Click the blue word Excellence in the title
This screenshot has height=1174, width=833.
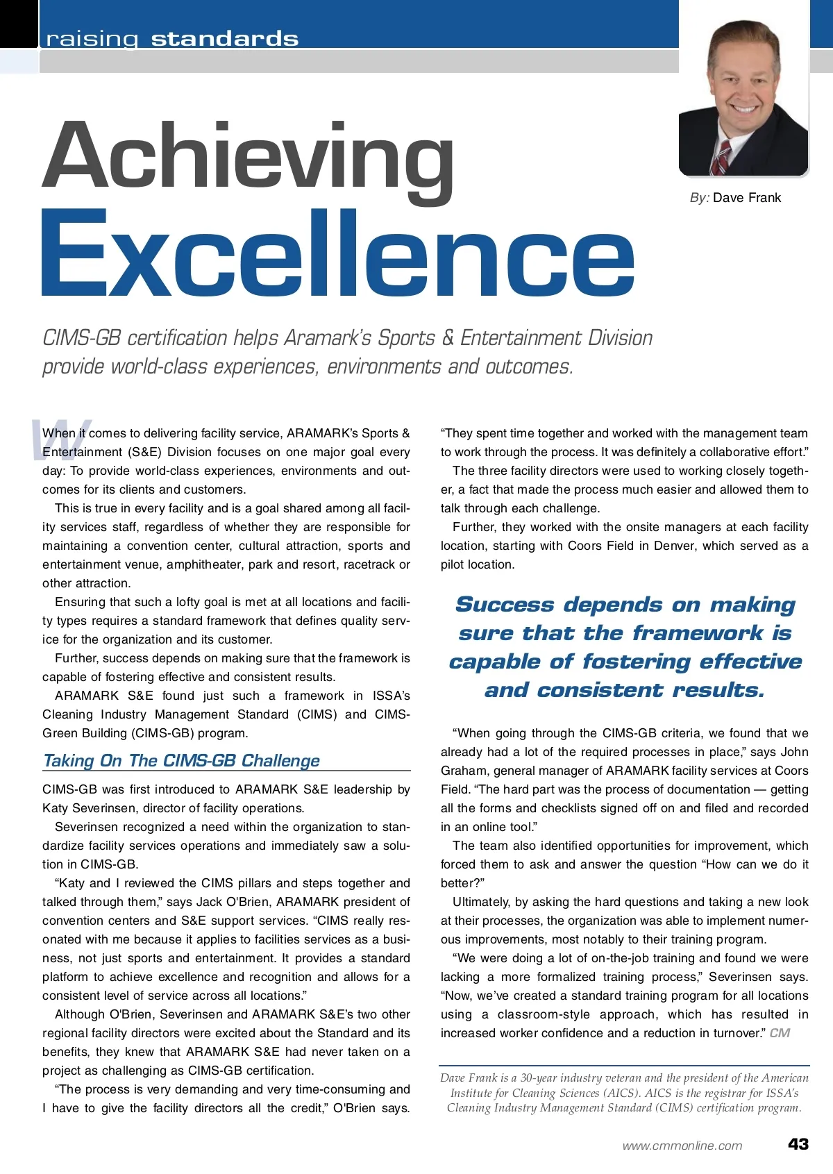click(338, 255)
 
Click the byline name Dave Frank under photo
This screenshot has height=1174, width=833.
click(746, 198)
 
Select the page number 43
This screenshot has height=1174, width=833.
click(798, 1144)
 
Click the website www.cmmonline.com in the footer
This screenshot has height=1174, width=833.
click(682, 1146)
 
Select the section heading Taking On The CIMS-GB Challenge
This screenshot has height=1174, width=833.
click(181, 761)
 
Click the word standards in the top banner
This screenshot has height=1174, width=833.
click(225, 39)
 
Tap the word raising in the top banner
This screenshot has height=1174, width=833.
click(92, 39)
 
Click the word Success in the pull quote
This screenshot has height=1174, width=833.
click(505, 605)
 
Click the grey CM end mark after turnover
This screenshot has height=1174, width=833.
click(780, 1033)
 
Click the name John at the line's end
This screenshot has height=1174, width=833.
click(794, 752)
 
